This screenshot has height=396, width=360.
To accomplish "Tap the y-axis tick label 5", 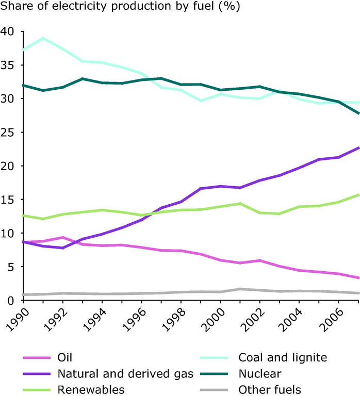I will tap(12, 267).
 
